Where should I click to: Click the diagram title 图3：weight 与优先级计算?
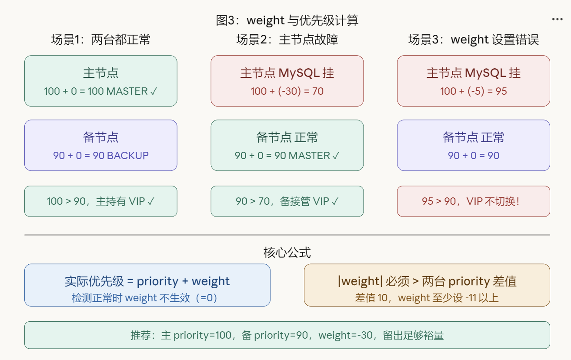(x=287, y=20)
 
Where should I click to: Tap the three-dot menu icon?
(x=557, y=19)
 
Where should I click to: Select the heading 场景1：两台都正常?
(x=100, y=40)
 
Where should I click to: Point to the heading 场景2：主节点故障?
(x=287, y=40)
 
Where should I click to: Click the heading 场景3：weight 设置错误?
(x=473, y=40)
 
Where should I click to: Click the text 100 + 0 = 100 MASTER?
(x=100, y=91)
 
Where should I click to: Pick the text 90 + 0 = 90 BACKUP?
(x=100, y=155)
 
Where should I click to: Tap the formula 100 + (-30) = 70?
(x=287, y=91)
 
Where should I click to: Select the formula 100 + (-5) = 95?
(x=473, y=91)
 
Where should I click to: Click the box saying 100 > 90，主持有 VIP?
(x=100, y=201)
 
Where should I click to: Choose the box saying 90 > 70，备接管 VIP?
(x=287, y=201)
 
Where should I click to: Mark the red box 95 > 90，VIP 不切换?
(x=473, y=201)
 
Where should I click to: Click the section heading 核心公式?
(x=287, y=253)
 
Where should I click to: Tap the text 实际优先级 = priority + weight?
(x=147, y=281)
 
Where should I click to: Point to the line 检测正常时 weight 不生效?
(x=144, y=298)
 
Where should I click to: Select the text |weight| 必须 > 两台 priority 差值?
(x=427, y=281)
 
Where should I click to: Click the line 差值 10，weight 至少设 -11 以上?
(x=427, y=298)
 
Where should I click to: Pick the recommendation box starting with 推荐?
(x=287, y=335)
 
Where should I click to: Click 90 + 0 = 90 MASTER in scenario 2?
(x=287, y=155)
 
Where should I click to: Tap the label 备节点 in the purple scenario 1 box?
(x=100, y=137)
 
